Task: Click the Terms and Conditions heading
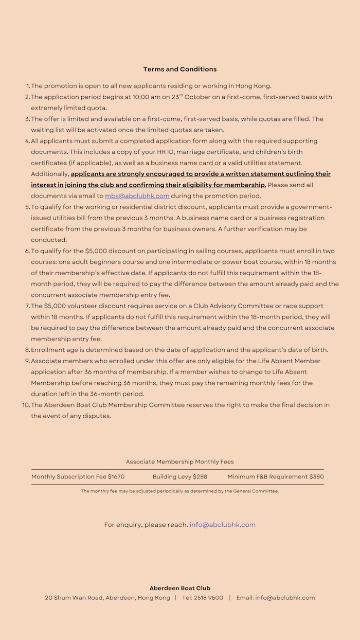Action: point(180,69)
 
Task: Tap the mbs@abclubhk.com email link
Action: point(137,196)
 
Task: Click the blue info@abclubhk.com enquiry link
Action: point(222,525)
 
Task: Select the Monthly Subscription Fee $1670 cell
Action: point(78,477)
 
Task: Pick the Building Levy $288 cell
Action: point(180,477)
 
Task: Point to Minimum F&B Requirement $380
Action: point(276,477)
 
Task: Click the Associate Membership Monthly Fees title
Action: point(180,462)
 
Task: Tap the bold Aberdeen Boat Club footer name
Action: point(180,588)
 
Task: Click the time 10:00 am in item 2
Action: point(148,97)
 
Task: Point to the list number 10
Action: point(26,405)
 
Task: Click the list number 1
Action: point(28,86)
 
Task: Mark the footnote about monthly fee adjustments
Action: point(180,491)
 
